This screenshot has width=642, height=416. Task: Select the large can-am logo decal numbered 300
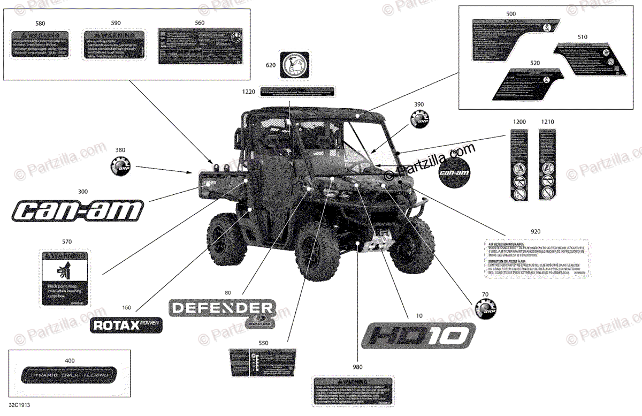77,210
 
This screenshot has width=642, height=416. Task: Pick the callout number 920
535,231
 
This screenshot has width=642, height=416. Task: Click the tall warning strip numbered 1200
519,165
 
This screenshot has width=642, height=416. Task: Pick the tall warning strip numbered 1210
546,165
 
